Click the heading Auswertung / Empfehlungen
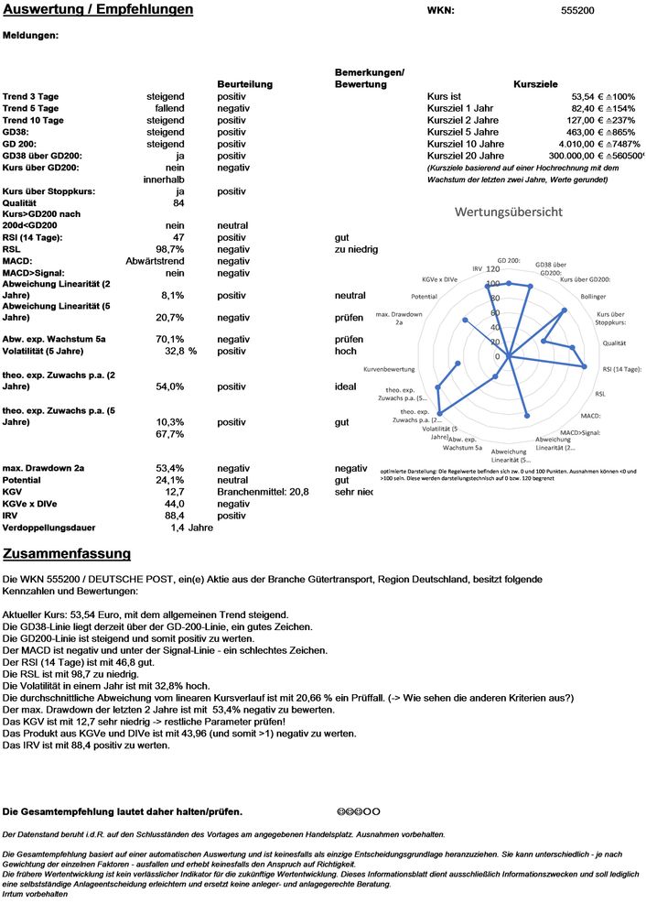(98, 10)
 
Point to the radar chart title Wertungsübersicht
(510, 212)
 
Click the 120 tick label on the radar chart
(492, 269)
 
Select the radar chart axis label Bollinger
(594, 297)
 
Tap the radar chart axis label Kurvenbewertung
(389, 369)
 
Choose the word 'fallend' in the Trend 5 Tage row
(167, 108)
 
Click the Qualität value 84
(178, 202)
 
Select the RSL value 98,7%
(170, 249)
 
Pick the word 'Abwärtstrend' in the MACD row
(155, 261)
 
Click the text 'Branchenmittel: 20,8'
(263, 492)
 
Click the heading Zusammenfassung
(67, 554)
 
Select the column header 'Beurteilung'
(244, 84)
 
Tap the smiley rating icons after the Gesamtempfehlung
(360, 812)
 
